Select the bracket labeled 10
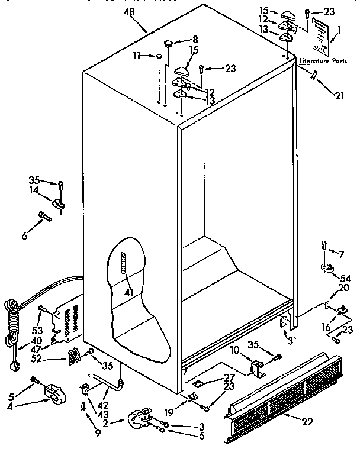click(x=258, y=370)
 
